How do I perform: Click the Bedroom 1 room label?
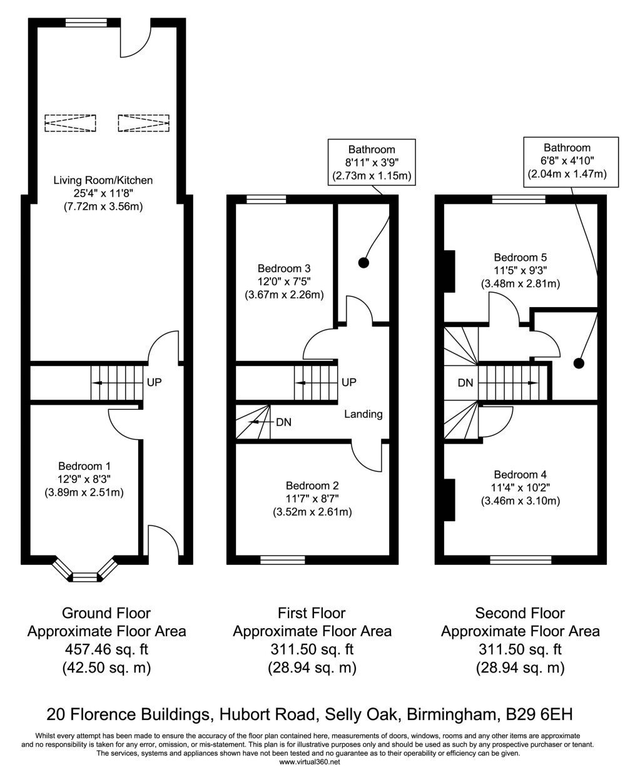pyautogui.click(x=84, y=466)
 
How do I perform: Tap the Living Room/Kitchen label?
pyautogui.click(x=103, y=180)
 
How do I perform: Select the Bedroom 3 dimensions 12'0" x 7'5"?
pyautogui.click(x=284, y=282)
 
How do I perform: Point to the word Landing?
pyautogui.click(x=363, y=414)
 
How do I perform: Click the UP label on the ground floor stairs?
pyautogui.click(x=155, y=382)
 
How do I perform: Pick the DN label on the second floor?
pyautogui.click(x=465, y=383)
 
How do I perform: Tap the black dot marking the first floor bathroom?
pyautogui.click(x=363, y=263)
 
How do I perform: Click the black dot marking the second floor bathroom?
pyautogui.click(x=579, y=363)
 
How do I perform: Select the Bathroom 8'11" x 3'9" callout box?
pyautogui.click(x=372, y=162)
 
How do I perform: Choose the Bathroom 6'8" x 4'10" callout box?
pyautogui.click(x=571, y=162)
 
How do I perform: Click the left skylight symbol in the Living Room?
pyautogui.click(x=70, y=123)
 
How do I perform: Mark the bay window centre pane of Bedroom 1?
pyautogui.click(x=84, y=577)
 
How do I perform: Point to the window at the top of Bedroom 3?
pyautogui.click(x=267, y=199)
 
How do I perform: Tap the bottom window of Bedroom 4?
pyautogui.click(x=521, y=560)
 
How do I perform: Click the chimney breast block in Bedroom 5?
pyautogui.click(x=449, y=272)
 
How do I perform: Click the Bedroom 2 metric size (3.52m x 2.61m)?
pyautogui.click(x=312, y=512)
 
